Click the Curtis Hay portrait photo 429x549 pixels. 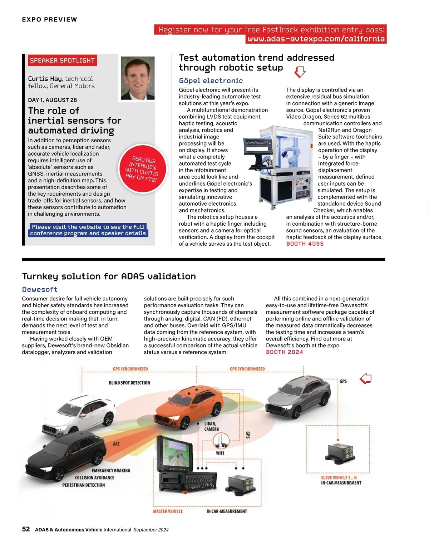tap(138, 78)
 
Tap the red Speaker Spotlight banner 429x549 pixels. tap(62, 60)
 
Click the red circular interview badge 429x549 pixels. tap(142, 169)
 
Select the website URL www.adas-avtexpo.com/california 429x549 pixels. tap(316, 39)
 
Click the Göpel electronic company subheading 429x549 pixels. tap(211, 81)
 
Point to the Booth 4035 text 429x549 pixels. tap(305, 244)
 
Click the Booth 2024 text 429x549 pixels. tap(284, 352)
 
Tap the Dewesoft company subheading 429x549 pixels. tap(40, 289)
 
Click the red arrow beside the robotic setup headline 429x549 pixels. tap(300, 72)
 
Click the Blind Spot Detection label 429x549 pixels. tap(129, 383)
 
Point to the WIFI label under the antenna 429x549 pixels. tap(220, 453)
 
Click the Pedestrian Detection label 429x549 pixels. tap(84, 485)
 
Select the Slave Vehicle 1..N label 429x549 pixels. tap(339, 478)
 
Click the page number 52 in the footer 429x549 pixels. tap(26, 529)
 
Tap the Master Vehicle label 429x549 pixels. tap(168, 511)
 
